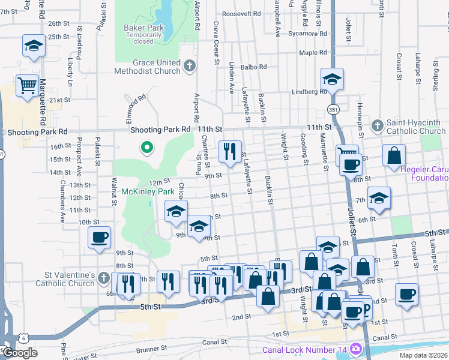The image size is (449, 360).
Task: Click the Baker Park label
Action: (143, 28)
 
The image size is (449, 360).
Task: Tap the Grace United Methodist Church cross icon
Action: (189, 66)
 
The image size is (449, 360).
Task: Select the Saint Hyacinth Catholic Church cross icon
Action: (377, 125)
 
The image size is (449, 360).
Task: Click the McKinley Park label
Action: (143, 191)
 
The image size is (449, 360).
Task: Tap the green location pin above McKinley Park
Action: (146, 148)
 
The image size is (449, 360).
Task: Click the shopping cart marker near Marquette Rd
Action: (27, 86)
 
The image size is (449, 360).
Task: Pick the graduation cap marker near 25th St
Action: (34, 46)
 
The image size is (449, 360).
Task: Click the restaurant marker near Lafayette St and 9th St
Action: (229, 152)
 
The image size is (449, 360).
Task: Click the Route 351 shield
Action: (333, 109)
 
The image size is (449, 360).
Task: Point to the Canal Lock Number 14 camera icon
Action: (356, 349)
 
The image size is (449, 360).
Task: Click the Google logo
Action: (19, 353)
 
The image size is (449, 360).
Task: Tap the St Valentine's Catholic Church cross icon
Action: (104, 278)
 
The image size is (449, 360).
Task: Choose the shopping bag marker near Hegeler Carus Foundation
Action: (394, 155)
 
